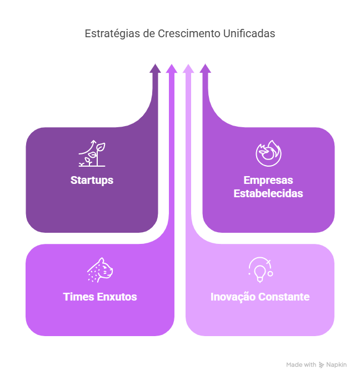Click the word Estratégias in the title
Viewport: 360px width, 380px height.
(x=112, y=34)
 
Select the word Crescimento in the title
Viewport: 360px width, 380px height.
(x=189, y=33)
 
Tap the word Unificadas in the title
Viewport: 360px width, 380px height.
(x=249, y=33)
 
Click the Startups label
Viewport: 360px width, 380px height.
(x=92, y=181)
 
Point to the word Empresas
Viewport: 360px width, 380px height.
(x=268, y=180)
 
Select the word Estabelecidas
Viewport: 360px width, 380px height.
(x=268, y=193)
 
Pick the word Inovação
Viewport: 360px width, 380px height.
(x=232, y=297)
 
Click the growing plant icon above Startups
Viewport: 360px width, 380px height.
(x=92, y=153)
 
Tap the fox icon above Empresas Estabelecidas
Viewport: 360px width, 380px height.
(x=268, y=153)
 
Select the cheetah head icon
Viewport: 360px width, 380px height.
(x=100, y=270)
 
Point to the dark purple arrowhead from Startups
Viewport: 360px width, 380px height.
(x=155, y=68)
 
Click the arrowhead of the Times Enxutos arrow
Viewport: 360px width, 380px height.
(x=172, y=68)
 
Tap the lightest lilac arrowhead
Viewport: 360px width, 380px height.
(x=188, y=68)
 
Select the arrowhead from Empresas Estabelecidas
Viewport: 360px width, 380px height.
(x=206, y=68)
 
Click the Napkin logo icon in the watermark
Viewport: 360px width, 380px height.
(x=321, y=365)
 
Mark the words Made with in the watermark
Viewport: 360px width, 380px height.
(x=301, y=365)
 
